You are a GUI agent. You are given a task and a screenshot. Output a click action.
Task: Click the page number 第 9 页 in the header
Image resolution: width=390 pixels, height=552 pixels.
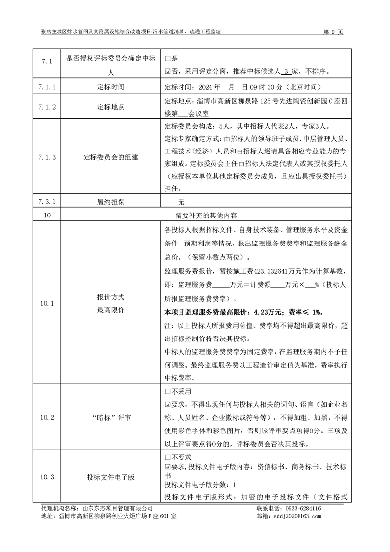(333, 31)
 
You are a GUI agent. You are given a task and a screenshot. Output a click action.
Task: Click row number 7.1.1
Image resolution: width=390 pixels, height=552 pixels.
(46, 87)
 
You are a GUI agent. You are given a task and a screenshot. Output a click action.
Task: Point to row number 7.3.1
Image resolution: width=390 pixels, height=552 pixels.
(46, 202)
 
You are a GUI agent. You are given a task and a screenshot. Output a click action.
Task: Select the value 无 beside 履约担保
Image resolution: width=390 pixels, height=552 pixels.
(181, 202)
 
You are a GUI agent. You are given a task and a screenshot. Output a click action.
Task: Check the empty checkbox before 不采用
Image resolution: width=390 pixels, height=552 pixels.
(168, 392)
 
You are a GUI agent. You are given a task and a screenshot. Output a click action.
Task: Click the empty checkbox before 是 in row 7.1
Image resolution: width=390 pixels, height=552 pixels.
(168, 59)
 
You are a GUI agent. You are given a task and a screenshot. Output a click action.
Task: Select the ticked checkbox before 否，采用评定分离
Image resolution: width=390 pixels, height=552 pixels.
(168, 71)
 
